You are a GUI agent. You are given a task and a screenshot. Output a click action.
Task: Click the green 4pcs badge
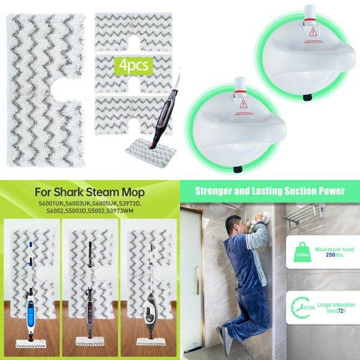coord(134,64)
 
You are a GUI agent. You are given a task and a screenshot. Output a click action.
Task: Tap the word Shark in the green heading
coord(77,193)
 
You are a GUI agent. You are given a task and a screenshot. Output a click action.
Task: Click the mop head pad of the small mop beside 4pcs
coord(144,148)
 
